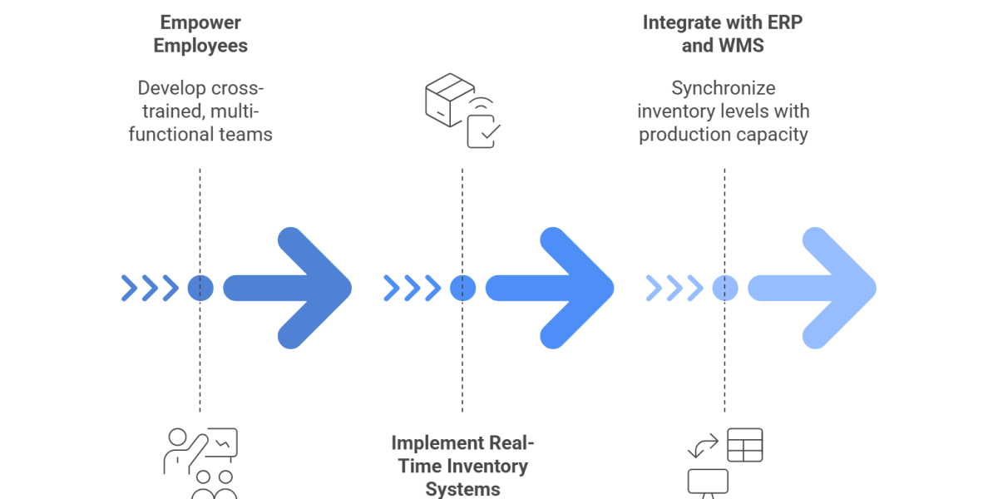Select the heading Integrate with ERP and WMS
[x=723, y=34]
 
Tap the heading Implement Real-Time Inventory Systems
[x=462, y=466]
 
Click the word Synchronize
[x=724, y=88]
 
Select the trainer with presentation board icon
[x=200, y=462]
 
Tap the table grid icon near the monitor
[x=744, y=445]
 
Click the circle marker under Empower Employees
[x=200, y=288]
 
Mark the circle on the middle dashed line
[x=462, y=288]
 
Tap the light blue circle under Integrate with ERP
[x=724, y=288]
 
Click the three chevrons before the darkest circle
[x=150, y=288]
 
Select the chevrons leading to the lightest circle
[x=674, y=288]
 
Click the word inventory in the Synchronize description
[x=677, y=111]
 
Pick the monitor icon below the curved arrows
[x=708, y=483]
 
